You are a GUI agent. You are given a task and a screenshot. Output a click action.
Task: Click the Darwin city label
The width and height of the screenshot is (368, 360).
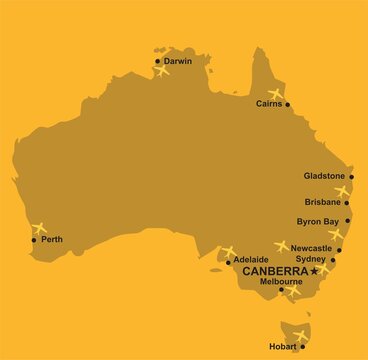[x=178, y=61]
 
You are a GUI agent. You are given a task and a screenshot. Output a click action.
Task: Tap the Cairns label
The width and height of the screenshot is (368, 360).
[x=269, y=103]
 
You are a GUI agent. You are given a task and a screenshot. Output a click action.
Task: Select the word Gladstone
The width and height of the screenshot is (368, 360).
[x=324, y=175]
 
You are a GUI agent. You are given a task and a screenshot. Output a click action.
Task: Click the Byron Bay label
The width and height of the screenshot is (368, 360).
[x=320, y=221]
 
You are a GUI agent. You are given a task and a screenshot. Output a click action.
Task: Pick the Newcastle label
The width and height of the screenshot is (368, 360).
[x=312, y=247]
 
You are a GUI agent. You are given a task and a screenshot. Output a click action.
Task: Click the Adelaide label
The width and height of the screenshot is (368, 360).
[x=250, y=260]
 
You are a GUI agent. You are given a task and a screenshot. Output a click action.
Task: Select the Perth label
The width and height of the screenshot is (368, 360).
[x=52, y=239]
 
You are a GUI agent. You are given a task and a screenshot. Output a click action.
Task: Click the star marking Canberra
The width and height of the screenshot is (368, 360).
[x=315, y=270]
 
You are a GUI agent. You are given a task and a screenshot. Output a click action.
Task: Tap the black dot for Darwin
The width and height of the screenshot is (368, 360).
[x=158, y=61]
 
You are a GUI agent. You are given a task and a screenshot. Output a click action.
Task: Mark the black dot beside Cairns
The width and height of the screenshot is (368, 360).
[x=287, y=103]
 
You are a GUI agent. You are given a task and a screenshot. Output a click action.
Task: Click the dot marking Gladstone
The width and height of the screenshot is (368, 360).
[x=351, y=175]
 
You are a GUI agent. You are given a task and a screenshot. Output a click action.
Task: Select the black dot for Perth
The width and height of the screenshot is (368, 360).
[x=35, y=240]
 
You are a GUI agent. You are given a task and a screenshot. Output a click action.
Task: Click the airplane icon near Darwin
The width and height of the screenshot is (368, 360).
[x=162, y=70]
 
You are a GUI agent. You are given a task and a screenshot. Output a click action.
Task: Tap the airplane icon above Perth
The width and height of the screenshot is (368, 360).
[x=38, y=228]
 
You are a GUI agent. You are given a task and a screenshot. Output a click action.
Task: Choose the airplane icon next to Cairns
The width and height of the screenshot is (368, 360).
[x=276, y=94]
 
